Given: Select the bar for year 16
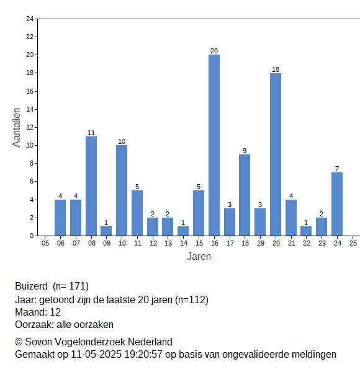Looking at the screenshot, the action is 214,145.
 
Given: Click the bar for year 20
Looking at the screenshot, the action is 276,154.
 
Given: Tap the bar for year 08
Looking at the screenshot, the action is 91,186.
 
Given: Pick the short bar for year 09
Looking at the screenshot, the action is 106,231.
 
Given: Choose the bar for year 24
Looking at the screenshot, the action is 337,204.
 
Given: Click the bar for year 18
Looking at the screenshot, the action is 245,195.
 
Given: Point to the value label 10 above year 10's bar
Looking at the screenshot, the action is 122,141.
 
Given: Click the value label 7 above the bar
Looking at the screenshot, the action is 337,169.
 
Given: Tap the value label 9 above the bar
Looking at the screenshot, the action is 245,151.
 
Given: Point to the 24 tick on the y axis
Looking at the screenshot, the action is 30,19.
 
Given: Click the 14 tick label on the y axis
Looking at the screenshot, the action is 30,109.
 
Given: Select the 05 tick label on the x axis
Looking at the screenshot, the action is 45,243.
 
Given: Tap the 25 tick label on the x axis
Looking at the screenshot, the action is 353,243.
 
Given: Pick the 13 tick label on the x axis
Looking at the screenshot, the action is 168,243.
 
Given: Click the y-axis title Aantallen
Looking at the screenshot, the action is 17,128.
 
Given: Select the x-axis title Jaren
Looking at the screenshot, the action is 199,257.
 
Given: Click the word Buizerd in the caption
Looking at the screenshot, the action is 32,286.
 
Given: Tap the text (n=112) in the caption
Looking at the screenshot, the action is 192,300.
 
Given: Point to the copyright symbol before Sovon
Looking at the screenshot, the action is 19,342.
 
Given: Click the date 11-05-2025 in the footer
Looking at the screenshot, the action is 96,355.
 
